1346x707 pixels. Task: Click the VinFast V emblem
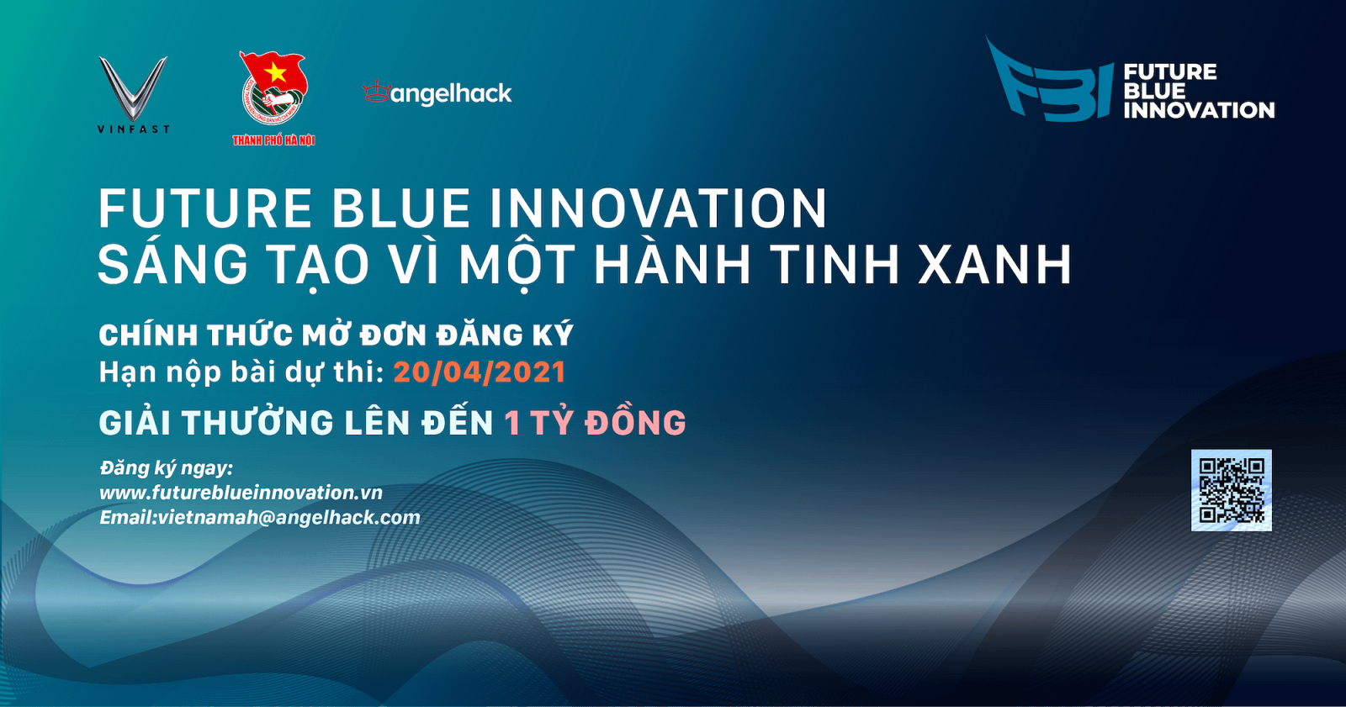[133, 87]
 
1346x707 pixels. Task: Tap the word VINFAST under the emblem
[133, 129]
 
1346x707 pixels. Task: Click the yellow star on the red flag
[275, 73]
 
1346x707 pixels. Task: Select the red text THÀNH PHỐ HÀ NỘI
[273, 140]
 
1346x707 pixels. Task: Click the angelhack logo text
[450, 93]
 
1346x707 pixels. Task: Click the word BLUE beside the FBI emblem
[1154, 91]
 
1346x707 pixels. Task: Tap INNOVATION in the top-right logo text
[1199, 110]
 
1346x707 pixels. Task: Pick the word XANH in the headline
[995, 265]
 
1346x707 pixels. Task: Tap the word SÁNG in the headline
[173, 265]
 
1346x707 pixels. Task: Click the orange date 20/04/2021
[480, 372]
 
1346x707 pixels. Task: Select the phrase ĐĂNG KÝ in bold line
[505, 335]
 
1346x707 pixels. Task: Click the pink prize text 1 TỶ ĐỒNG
[596, 423]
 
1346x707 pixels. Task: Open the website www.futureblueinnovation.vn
[241, 493]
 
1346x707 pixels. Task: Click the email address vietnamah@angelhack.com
[289, 518]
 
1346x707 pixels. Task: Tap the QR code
[1231, 490]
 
